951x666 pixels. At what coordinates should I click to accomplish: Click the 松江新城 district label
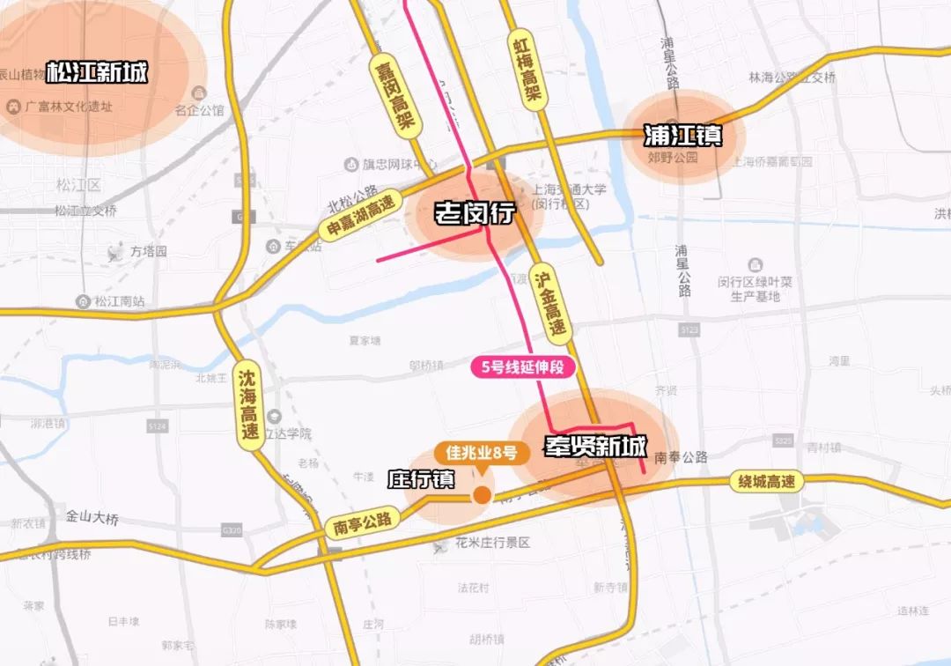coord(97,71)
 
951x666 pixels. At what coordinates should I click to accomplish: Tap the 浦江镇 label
coord(683,136)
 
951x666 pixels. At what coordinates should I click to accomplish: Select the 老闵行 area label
coord(474,213)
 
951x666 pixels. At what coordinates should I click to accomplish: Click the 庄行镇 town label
coord(421,479)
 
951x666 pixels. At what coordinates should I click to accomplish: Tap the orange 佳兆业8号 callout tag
coord(481,454)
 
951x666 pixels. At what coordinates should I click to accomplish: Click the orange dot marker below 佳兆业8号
coord(482,495)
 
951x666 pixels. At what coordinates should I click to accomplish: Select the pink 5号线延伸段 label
coord(523,367)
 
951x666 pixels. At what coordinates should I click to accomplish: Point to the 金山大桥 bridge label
coord(92,518)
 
